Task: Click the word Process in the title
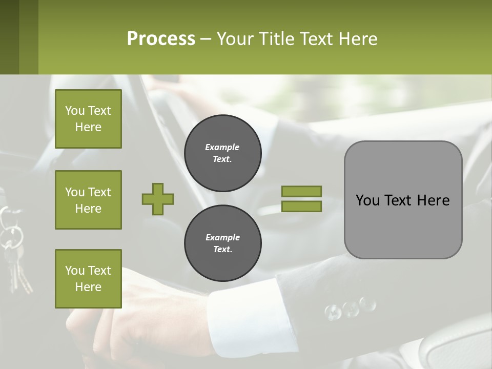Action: [x=161, y=39]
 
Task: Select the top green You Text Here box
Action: [x=88, y=119]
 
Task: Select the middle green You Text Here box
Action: [x=88, y=200]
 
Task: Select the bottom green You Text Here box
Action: [x=88, y=279]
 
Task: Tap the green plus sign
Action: [x=158, y=199]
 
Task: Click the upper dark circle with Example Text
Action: [x=222, y=153]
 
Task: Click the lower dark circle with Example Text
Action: [x=222, y=243]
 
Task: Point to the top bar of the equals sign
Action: [x=302, y=191]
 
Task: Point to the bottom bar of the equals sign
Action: [x=302, y=207]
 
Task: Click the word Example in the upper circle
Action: [x=222, y=147]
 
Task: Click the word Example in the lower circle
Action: [x=222, y=237]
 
